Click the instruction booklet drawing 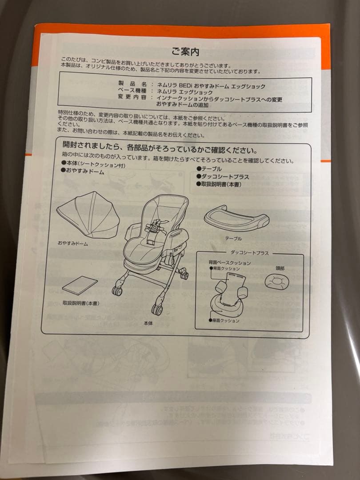point(80,284)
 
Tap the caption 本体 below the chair point(148,324)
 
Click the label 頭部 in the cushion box point(280,268)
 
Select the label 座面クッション point(226,320)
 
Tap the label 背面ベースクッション point(229,263)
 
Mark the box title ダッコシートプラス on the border point(249,253)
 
